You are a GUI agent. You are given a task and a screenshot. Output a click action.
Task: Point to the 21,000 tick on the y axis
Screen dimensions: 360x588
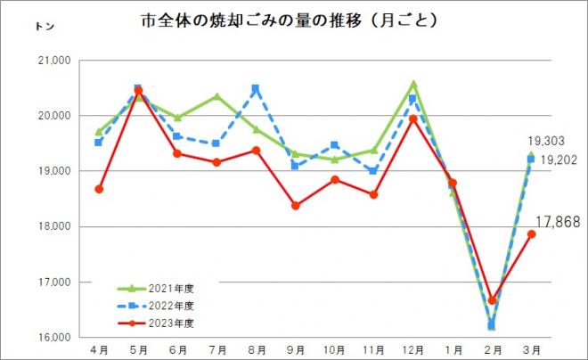[x=55, y=61]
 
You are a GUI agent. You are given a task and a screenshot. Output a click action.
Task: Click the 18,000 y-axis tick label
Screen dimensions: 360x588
[x=55, y=226]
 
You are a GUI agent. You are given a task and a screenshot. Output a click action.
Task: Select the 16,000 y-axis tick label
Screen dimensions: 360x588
[x=55, y=338]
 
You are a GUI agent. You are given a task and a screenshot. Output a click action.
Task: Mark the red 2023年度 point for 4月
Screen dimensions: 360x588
[x=99, y=189]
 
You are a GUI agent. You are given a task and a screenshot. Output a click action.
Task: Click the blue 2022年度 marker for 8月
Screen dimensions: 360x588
[x=256, y=88]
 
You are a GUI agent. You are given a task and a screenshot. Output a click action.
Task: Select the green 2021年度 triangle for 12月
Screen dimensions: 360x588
[x=413, y=84]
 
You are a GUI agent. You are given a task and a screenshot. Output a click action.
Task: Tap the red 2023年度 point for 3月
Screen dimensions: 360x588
[x=531, y=233]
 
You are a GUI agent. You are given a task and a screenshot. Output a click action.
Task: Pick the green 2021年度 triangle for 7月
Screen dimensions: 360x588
[x=216, y=96]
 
